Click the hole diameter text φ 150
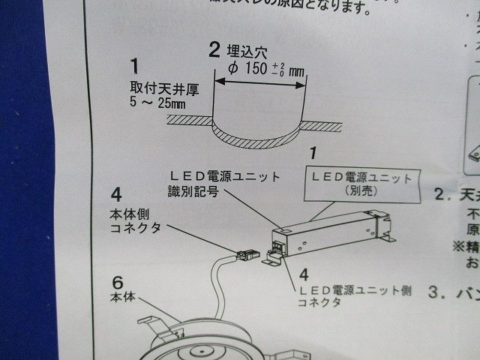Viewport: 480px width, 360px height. (x=252, y=71)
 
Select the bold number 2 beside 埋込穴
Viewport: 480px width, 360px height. (x=214, y=50)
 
